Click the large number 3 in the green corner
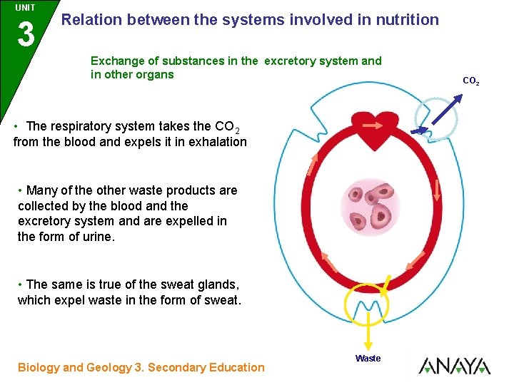[x=26, y=34]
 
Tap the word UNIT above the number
[x=26, y=6]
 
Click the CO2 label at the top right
[x=471, y=82]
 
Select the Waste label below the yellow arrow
[x=368, y=359]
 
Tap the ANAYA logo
[x=455, y=366]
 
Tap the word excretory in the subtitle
[x=296, y=61]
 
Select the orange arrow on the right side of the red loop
[x=437, y=188]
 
